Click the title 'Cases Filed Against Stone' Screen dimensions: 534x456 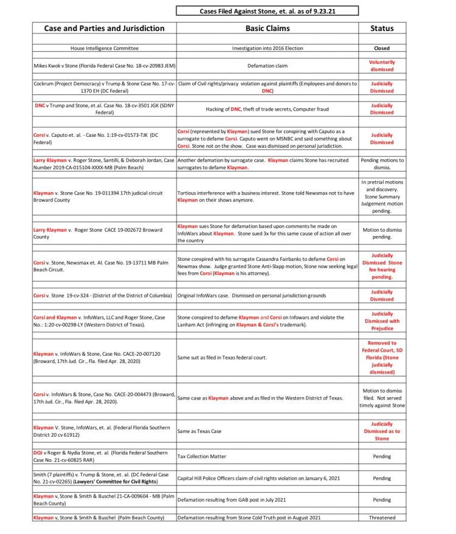coord(267,11)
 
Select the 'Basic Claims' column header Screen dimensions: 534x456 coord(268,28)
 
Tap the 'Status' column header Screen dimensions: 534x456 coord(382,28)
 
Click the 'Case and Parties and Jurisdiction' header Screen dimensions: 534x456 coord(104,28)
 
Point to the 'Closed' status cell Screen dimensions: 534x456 coord(382,48)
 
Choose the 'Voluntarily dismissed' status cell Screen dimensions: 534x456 coord(382,65)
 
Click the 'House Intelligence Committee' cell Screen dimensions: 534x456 coord(104,48)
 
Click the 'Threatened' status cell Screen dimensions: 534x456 coord(382,518)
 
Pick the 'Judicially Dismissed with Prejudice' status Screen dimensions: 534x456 coord(382,321)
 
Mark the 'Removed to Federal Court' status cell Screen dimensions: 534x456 coord(382,358)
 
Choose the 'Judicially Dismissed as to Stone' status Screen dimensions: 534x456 coord(382,431)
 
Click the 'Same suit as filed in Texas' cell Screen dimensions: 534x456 coord(222,358)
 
